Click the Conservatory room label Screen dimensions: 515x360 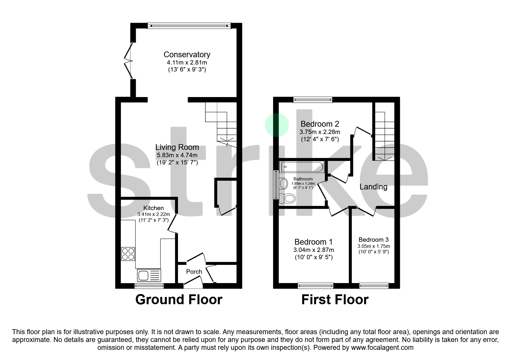[x=187, y=54]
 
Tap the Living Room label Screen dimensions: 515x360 [x=177, y=147]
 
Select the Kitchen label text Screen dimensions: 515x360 [x=154, y=208]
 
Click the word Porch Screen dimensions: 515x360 [x=194, y=272]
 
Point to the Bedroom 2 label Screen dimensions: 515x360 [x=320, y=124]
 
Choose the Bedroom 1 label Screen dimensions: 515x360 [x=313, y=242]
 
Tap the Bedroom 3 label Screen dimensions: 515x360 [x=374, y=240]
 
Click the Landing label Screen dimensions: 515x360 [x=373, y=187]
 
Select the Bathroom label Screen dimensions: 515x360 [x=303, y=179]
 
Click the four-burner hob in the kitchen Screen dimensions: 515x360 [x=128, y=254]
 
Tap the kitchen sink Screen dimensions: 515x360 [x=149, y=275]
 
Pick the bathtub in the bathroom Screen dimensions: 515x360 [x=302, y=167]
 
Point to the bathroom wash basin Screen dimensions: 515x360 [x=283, y=184]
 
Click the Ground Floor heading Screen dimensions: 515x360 [x=179, y=300]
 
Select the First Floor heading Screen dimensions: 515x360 [x=335, y=300]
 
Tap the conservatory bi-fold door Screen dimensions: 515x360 [x=129, y=61]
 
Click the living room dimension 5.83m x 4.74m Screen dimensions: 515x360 [x=177, y=155]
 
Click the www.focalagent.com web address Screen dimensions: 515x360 [x=382, y=348]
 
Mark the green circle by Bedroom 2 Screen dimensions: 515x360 [x=277, y=125]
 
